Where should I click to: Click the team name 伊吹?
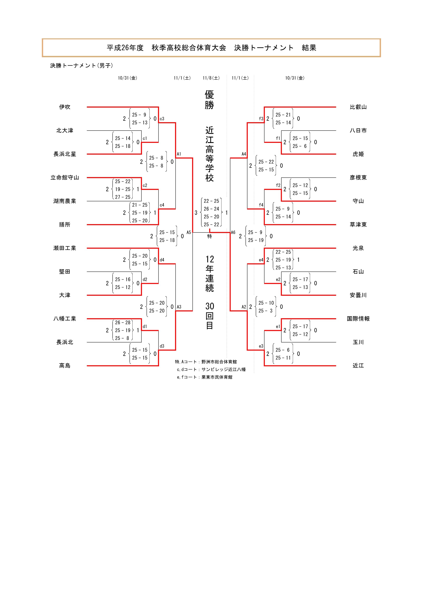65,107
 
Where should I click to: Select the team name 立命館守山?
65,178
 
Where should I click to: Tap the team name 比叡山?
358,107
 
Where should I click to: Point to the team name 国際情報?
358,319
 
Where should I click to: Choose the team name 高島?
65,366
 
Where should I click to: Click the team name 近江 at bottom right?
358,366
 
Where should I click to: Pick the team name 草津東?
358,224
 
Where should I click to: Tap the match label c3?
162,119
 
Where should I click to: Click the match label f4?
261,205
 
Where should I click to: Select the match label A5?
189,232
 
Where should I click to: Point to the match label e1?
278,327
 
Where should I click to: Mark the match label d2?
145,279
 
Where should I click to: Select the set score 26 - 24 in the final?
211,209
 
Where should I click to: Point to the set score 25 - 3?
266,311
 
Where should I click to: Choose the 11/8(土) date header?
211,78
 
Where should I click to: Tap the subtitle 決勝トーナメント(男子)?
82,66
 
